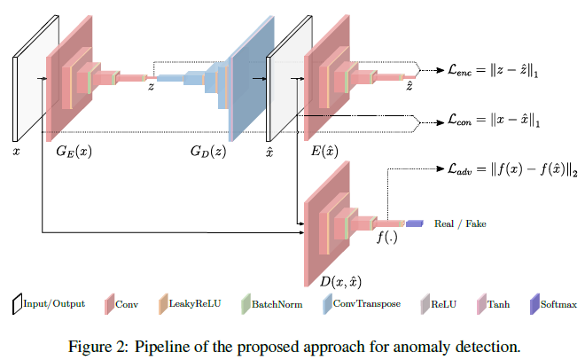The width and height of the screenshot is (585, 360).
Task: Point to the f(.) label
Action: (386, 237)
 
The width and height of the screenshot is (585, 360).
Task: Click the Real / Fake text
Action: (460, 224)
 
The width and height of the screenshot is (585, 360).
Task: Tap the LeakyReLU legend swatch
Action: (162, 304)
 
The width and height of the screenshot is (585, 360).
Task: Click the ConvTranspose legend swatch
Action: (324, 304)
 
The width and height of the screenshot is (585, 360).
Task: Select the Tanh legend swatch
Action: (481, 304)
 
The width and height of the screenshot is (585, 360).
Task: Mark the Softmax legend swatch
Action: (535, 304)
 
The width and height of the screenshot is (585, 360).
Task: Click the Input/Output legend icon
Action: (18, 304)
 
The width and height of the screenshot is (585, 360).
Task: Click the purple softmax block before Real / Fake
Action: (416, 223)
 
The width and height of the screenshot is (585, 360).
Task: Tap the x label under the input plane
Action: (16, 152)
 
